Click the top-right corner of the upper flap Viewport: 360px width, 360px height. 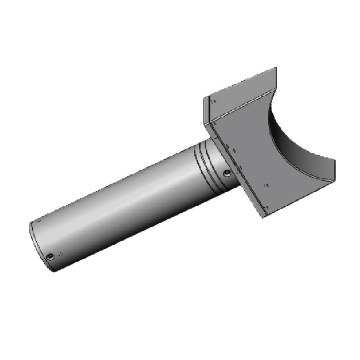pyautogui.click(x=276, y=68)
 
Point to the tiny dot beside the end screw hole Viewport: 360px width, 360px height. pyautogui.click(x=61, y=254)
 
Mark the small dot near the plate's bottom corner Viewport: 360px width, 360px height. pyautogui.click(x=267, y=207)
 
